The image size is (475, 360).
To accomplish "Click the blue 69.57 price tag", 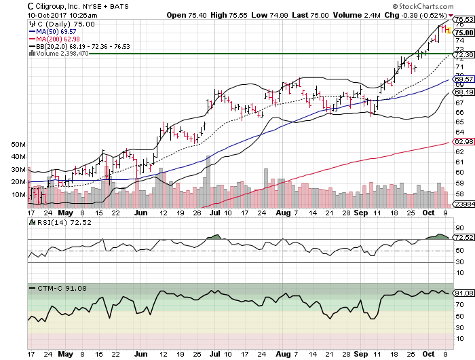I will point(463,79).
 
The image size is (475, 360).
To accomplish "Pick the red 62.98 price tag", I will point(463,141).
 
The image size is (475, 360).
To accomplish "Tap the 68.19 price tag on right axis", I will point(463,92).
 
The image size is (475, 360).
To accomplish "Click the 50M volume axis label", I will point(18,145).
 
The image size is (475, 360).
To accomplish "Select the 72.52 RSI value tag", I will point(463,237).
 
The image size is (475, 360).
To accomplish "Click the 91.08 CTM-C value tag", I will point(463,293).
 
